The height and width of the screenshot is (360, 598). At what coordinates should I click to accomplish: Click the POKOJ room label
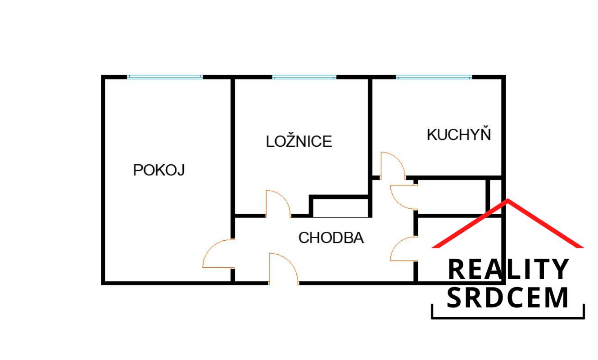(x=159, y=170)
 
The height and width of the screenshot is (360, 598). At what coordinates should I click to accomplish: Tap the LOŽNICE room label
(x=299, y=141)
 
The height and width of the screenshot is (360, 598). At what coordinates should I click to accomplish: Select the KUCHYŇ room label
(x=458, y=135)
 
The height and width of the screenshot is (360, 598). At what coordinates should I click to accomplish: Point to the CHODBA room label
(x=331, y=238)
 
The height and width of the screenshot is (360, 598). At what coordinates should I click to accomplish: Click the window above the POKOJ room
(x=165, y=77)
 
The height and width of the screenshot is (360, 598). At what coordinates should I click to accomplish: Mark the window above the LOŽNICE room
(x=304, y=77)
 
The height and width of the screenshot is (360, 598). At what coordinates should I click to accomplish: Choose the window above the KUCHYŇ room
(x=434, y=77)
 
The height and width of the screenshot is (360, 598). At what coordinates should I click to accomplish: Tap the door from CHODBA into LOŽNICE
(x=277, y=204)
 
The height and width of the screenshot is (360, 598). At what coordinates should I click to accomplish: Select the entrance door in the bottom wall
(x=284, y=269)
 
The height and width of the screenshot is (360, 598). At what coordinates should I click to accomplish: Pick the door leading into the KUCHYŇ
(x=392, y=166)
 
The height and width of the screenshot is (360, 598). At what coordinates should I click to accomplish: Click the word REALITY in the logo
(x=508, y=270)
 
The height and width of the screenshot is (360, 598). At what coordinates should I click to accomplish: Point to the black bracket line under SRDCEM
(x=508, y=318)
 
